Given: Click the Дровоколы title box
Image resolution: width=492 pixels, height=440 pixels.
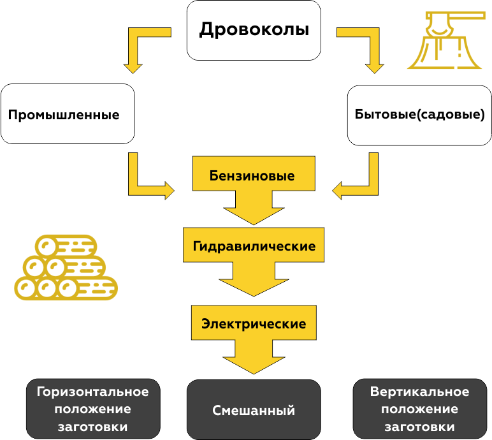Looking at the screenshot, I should tap(253, 30).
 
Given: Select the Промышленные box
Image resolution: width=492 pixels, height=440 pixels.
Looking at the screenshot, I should tap(68, 114).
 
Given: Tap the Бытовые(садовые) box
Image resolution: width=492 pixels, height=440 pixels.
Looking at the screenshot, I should tap(419, 115).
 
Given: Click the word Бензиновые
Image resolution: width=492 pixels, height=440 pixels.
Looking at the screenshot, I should tap(252, 175).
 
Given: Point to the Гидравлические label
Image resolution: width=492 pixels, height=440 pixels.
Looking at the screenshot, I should tap(254, 246).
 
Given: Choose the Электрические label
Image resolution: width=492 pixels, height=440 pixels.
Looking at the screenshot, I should tap(254, 323).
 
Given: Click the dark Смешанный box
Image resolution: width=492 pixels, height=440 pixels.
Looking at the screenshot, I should tap(253, 409).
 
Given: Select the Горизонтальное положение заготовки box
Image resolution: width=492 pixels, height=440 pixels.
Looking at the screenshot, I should tap(92, 409).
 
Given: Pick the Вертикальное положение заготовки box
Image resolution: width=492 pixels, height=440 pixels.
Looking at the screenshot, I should tap(419, 409).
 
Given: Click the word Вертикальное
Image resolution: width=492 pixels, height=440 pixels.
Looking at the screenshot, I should tap(419, 392).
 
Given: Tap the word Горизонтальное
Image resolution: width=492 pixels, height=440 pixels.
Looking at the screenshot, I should tap(92, 392).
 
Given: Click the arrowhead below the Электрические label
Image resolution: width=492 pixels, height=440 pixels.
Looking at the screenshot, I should tap(254, 360).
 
